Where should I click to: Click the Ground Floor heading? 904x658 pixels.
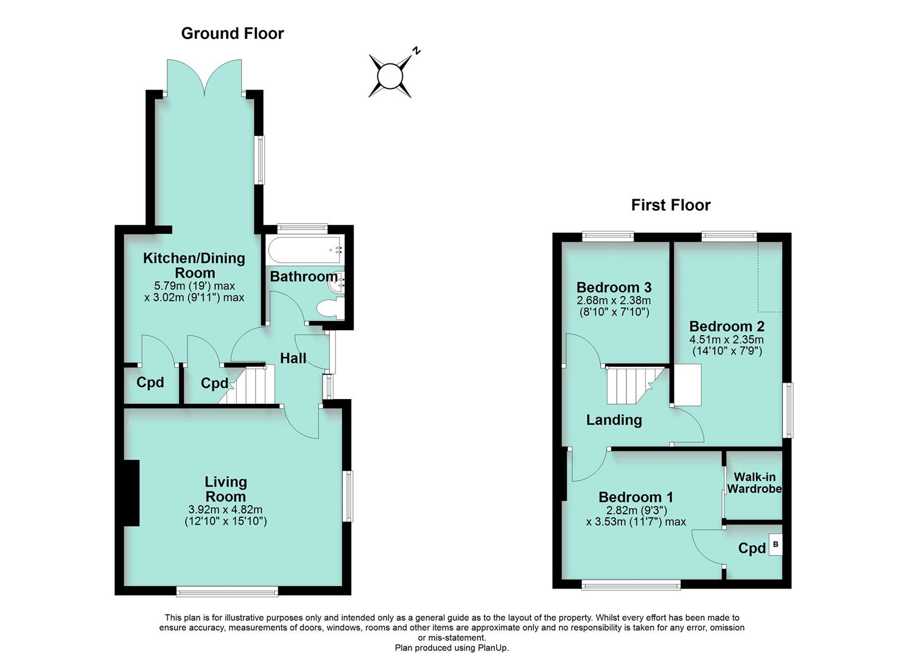(x=232, y=34)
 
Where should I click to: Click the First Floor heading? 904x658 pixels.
(x=670, y=205)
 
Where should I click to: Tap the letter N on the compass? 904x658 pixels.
(x=416, y=51)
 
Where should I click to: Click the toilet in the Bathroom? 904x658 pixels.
(x=329, y=308)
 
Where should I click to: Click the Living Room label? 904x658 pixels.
(x=225, y=489)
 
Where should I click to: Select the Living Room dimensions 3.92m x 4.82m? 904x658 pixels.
(x=225, y=510)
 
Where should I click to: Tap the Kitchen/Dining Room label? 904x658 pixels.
(x=194, y=265)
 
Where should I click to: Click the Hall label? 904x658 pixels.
(x=293, y=358)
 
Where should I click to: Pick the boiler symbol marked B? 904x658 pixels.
(x=775, y=544)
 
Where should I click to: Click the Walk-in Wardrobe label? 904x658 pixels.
(x=754, y=483)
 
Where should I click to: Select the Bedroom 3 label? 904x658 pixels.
(x=614, y=287)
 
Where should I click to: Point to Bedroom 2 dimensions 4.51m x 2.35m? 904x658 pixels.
(x=726, y=340)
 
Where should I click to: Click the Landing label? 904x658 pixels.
(x=614, y=420)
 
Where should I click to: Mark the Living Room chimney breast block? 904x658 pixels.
(x=131, y=493)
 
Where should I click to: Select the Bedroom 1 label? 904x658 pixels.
(x=636, y=497)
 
